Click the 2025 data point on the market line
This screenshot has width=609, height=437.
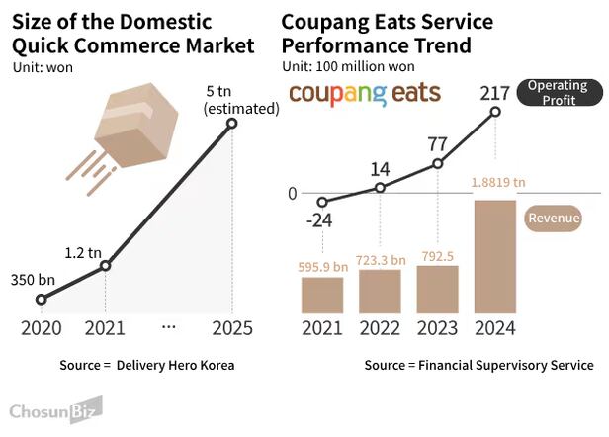tap(232, 124)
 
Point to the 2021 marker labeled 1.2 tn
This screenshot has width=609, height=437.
tap(106, 265)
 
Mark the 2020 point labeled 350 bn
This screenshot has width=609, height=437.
tap(41, 299)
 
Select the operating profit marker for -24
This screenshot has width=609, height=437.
tap(322, 202)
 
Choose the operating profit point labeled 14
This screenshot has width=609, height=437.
tap(381, 187)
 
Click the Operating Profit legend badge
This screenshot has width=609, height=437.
tap(558, 93)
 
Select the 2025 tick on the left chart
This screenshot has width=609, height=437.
tap(232, 327)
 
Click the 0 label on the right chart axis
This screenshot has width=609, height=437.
tap(292, 193)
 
